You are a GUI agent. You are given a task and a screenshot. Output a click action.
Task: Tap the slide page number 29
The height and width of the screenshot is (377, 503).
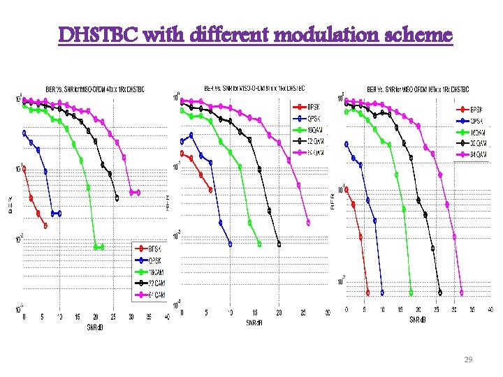[x=468, y=359]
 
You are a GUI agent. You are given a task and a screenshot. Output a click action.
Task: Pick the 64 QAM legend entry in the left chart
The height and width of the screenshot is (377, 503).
[x=155, y=295]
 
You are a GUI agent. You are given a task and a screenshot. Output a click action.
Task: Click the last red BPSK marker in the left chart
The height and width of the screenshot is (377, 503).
[x=45, y=226]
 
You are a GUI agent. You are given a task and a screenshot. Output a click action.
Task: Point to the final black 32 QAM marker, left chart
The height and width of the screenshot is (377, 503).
[x=117, y=198]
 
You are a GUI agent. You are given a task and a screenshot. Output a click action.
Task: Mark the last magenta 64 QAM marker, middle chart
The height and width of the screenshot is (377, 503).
[x=308, y=223]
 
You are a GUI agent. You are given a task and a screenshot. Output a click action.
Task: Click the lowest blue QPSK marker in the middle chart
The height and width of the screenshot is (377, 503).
[x=231, y=244]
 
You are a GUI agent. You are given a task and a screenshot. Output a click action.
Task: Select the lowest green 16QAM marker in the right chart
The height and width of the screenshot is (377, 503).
[x=411, y=293]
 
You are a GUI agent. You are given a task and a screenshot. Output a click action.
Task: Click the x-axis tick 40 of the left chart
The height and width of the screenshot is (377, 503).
[x=166, y=317]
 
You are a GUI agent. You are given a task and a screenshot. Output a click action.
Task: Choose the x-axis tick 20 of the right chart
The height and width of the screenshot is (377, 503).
[x=418, y=310]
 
